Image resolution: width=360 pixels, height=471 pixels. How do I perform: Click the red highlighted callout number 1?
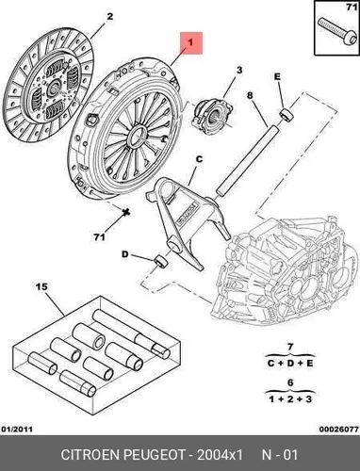(x=190, y=42)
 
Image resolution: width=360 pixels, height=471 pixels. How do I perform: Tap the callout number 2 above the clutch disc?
(x=109, y=17)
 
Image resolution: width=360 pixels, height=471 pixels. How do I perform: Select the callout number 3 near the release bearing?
(x=239, y=70)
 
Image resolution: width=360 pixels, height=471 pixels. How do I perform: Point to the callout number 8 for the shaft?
(x=250, y=95)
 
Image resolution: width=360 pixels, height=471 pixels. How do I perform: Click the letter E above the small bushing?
(x=277, y=77)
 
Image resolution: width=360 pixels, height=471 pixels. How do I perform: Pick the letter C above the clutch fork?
(x=200, y=159)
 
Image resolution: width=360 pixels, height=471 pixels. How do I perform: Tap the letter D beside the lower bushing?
(x=125, y=254)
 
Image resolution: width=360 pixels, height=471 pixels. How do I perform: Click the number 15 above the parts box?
(x=41, y=286)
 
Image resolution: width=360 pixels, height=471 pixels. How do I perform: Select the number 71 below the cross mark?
(x=100, y=237)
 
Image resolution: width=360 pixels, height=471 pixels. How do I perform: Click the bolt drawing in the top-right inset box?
(x=335, y=33)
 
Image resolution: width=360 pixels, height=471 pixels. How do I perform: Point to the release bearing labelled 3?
(x=213, y=116)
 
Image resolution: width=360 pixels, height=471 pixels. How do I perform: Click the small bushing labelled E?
(x=286, y=115)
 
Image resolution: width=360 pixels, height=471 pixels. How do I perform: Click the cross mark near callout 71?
(x=126, y=212)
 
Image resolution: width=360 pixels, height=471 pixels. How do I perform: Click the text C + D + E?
(x=290, y=364)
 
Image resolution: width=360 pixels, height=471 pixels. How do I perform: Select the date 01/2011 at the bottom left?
(x=17, y=429)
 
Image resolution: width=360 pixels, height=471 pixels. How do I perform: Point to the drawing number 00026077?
(x=339, y=429)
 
